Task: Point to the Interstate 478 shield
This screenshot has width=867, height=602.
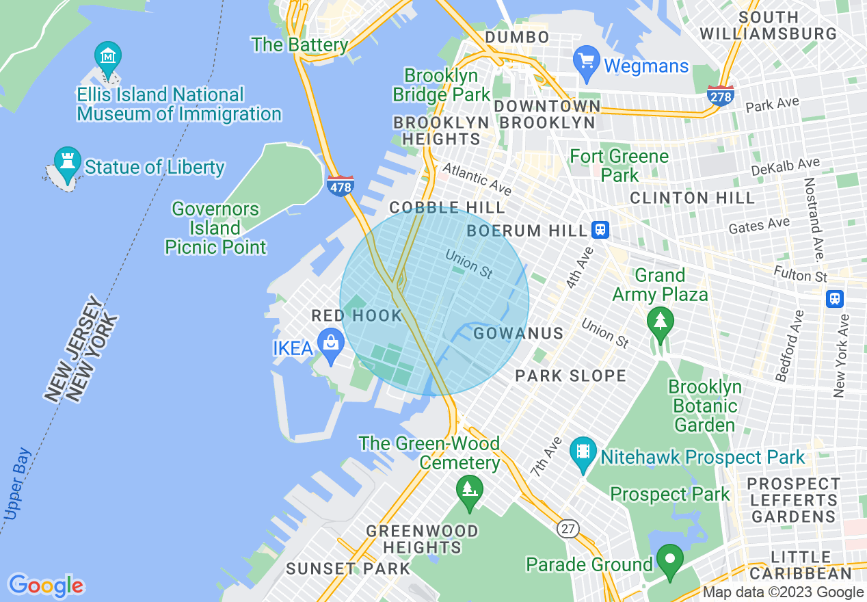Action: tap(341, 185)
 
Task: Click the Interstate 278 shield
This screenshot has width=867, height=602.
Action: tap(721, 96)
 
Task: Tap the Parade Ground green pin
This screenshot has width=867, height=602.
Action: tap(670, 560)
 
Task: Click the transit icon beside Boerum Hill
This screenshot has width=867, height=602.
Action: tap(601, 230)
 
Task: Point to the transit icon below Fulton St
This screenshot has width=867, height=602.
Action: tap(834, 299)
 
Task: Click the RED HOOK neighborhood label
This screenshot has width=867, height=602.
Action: tap(356, 315)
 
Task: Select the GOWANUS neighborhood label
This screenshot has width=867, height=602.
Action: tap(518, 333)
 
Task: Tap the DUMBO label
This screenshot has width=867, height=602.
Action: tap(516, 37)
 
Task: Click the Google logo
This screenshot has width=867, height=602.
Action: tap(46, 586)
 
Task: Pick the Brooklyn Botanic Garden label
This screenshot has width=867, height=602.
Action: tap(704, 406)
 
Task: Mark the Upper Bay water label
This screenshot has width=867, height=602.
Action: tap(17, 484)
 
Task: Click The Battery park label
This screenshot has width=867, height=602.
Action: tap(299, 45)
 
